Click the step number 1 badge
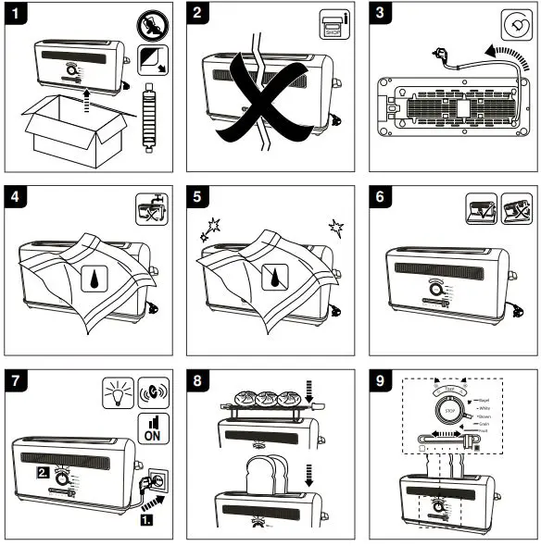tap(17, 16)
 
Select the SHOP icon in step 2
tap(331, 25)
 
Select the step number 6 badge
tap(382, 197)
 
